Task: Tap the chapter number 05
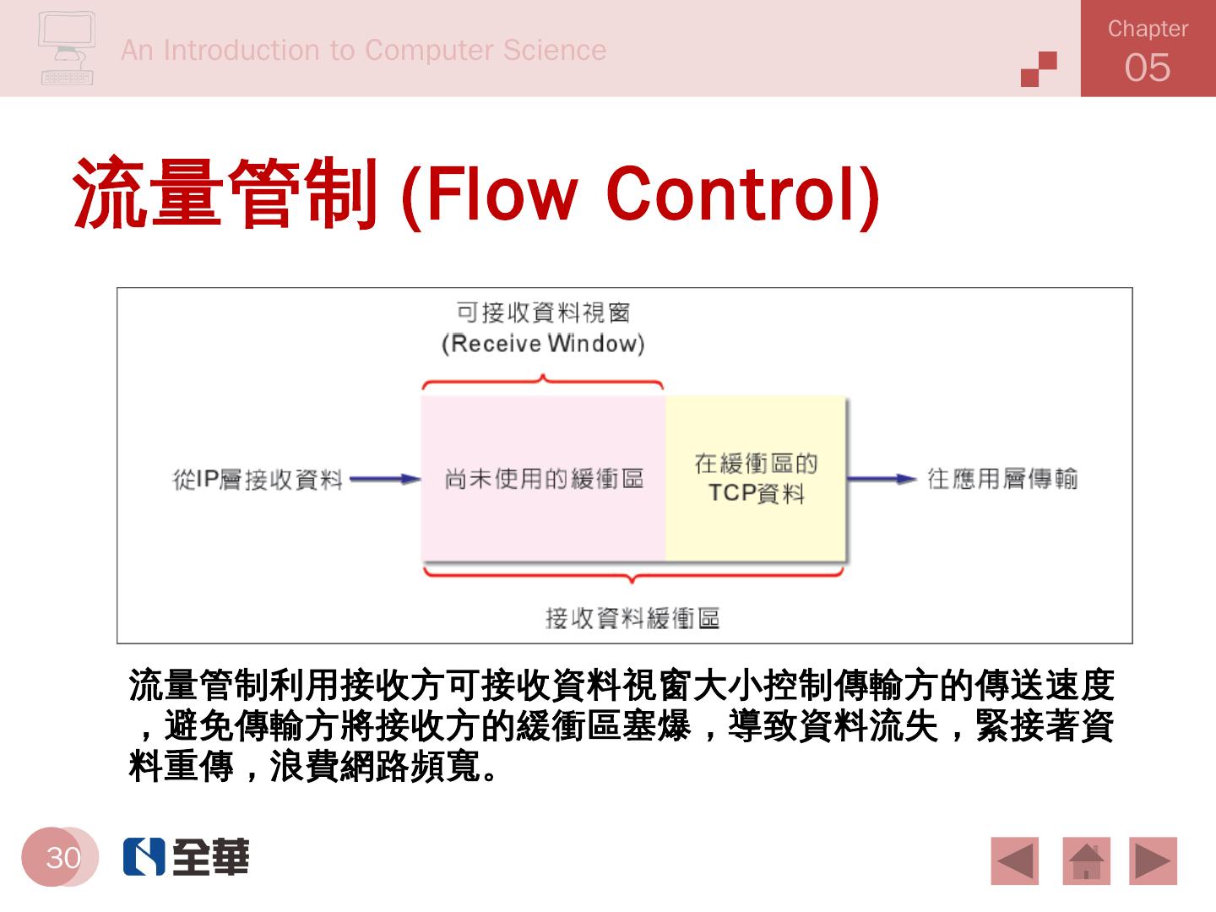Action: pyautogui.click(x=1148, y=68)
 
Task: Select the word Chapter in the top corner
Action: pyautogui.click(x=1148, y=29)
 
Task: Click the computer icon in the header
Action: pyautogui.click(x=67, y=48)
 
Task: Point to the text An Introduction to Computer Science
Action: pyautogui.click(x=363, y=50)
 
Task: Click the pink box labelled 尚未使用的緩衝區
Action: pyautogui.click(x=543, y=479)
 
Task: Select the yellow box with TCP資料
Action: pyautogui.click(x=756, y=478)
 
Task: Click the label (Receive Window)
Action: pyautogui.click(x=543, y=344)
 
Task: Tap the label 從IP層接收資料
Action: pyautogui.click(x=258, y=480)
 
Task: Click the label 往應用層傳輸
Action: pyautogui.click(x=1002, y=479)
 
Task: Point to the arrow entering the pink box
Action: pyautogui.click(x=385, y=480)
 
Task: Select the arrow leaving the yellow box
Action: pyautogui.click(x=882, y=479)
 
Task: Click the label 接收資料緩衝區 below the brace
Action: pyautogui.click(x=632, y=618)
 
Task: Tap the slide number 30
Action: pyautogui.click(x=62, y=857)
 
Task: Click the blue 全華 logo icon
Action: pyautogui.click(x=144, y=857)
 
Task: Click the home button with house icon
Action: pyautogui.click(x=1086, y=861)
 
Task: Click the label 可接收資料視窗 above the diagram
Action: pyautogui.click(x=543, y=312)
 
